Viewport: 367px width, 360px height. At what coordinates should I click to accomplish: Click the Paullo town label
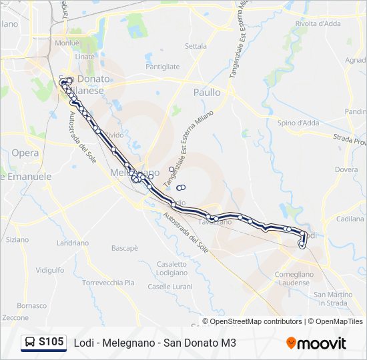point(207,93)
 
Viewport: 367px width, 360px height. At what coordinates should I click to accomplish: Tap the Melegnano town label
point(134,172)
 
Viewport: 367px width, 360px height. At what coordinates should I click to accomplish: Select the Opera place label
point(25,153)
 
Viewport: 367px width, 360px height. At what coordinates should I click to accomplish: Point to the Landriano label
point(73,243)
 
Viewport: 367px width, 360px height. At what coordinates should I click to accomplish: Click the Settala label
point(196,47)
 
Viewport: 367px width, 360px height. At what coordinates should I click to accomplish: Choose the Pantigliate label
point(163,67)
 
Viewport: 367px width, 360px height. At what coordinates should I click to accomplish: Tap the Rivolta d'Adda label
point(318,23)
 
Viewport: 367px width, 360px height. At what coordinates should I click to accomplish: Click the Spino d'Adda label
point(298,123)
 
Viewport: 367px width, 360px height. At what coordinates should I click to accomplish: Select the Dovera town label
point(346,169)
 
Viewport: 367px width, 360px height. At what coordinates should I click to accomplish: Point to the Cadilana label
point(350,219)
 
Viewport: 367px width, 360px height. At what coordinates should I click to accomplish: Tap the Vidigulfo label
point(49,270)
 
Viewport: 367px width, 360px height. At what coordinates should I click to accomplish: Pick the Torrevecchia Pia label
point(108,283)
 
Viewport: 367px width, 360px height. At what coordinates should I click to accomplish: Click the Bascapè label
point(124,248)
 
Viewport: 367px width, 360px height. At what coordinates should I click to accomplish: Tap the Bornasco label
point(32,305)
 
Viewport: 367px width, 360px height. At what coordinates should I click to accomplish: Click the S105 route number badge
point(51,343)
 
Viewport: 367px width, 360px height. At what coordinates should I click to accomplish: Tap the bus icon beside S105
point(30,343)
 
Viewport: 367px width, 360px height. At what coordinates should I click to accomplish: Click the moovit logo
point(316,343)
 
